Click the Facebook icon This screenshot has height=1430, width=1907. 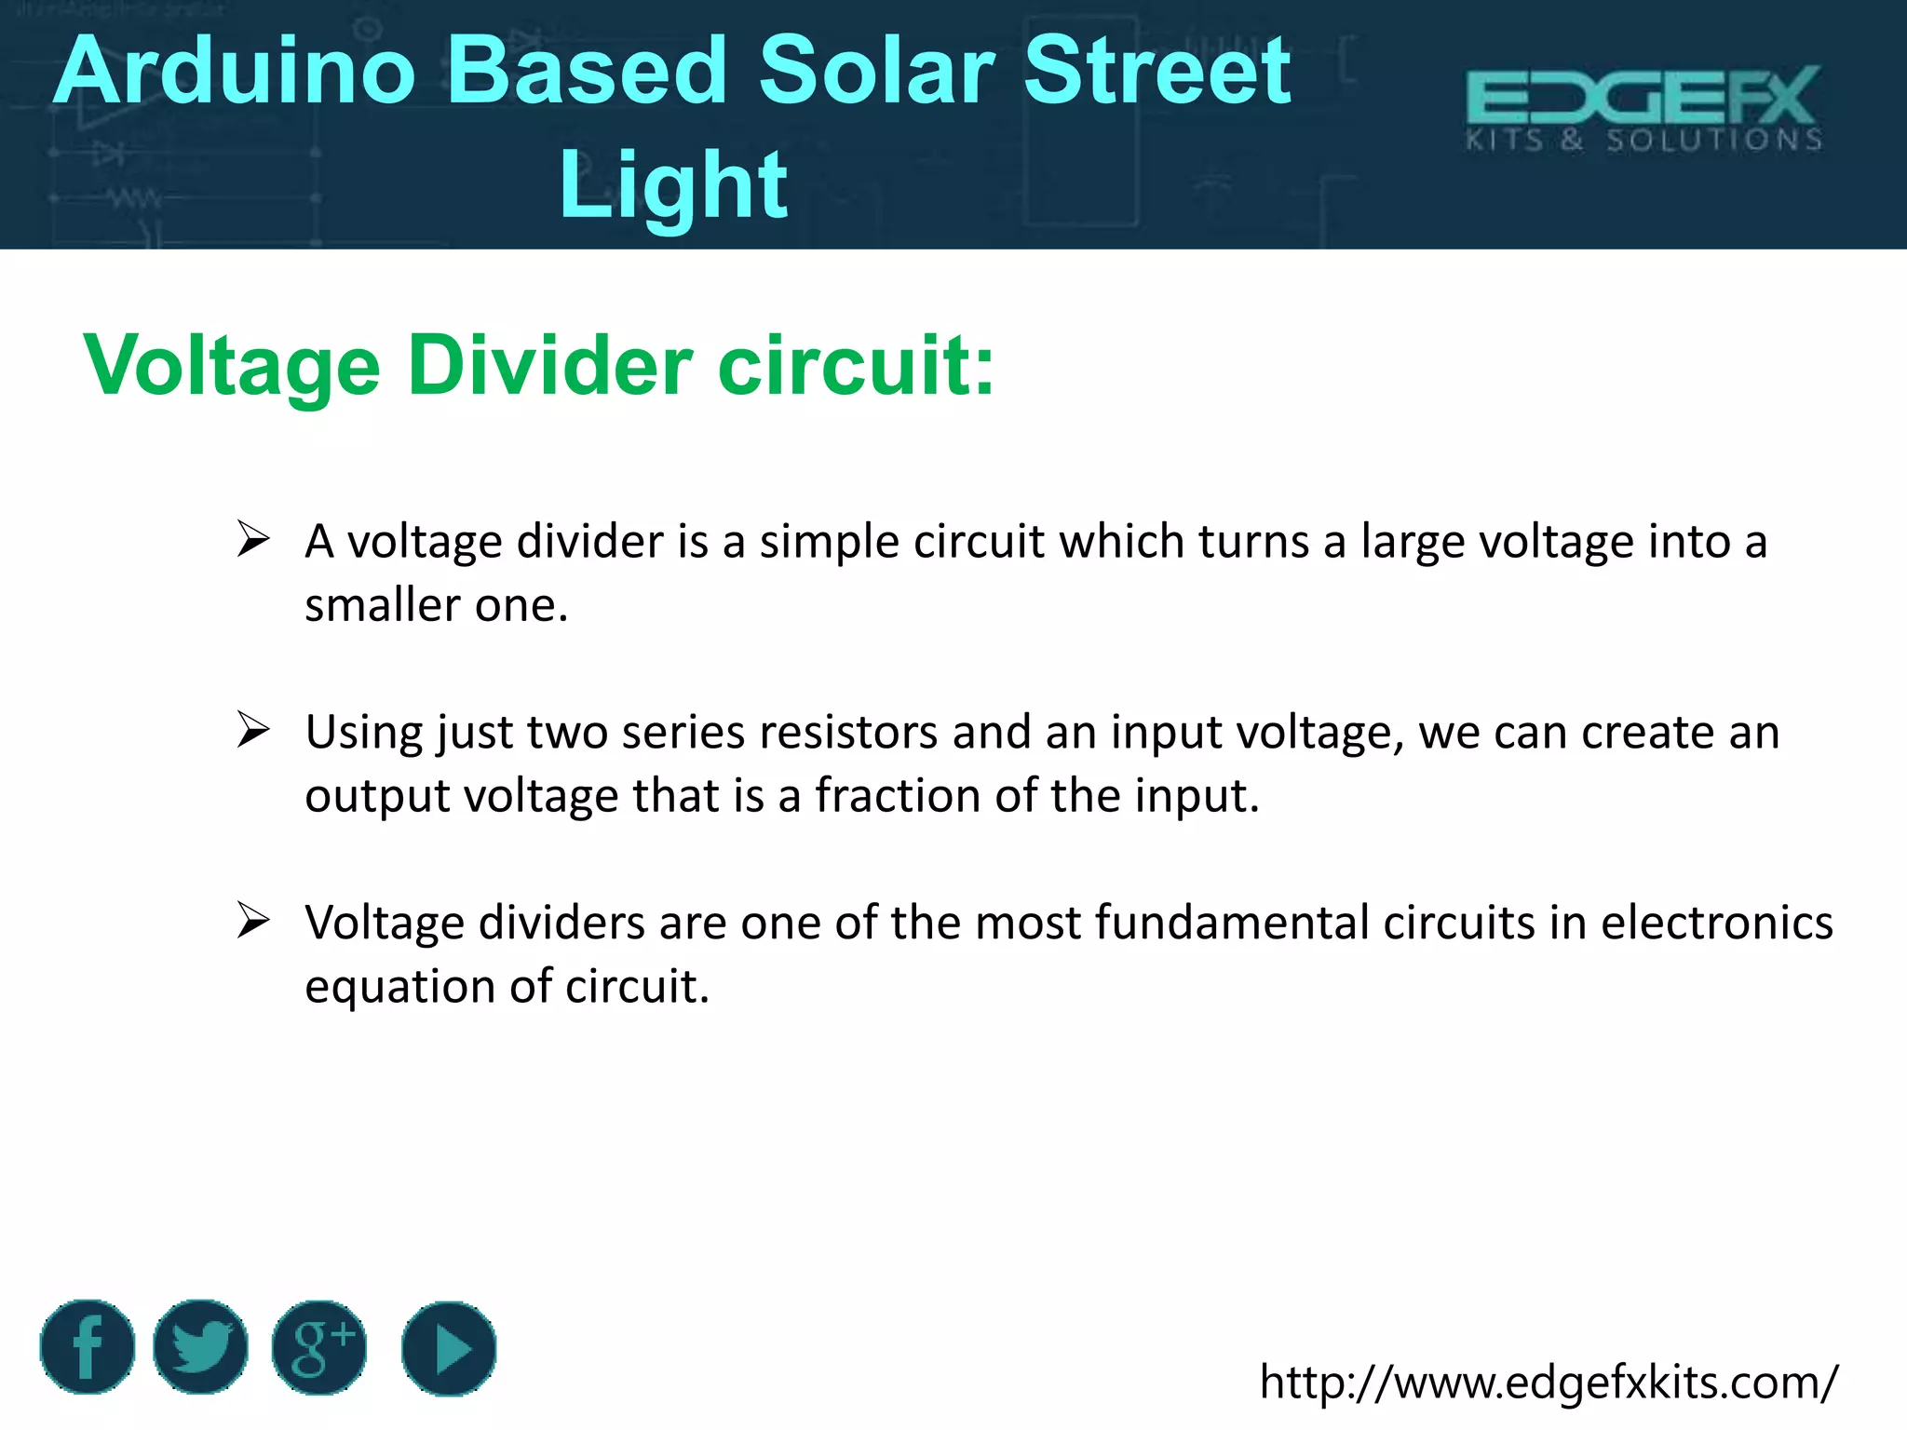tap(88, 1347)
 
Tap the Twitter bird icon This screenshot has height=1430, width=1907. tap(200, 1347)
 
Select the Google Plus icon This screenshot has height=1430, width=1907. tap(319, 1347)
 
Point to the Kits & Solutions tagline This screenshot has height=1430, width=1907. tap(1644, 141)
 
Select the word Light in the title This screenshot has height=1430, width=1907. tap(672, 185)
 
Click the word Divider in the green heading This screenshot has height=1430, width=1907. tap(549, 365)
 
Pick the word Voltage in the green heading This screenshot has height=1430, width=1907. tap(232, 365)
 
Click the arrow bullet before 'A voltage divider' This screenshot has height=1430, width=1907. tap(252, 539)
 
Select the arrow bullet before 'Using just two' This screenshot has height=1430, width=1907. tap(252, 730)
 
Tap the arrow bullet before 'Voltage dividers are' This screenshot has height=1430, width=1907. tap(252, 921)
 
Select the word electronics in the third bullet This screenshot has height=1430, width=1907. tap(1716, 923)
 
